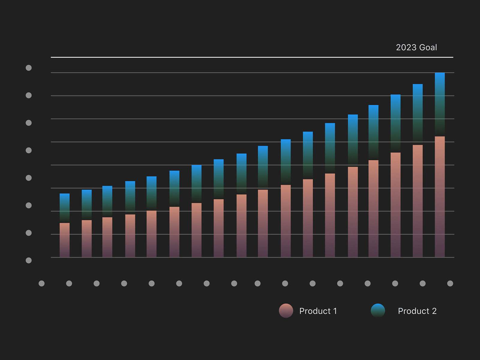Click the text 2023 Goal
coord(416,47)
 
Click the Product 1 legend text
coord(318,311)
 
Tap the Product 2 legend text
coord(417,311)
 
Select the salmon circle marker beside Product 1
coord(286,311)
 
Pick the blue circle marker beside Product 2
coord(378,311)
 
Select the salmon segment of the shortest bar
coord(64,240)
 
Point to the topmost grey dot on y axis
coord(29,68)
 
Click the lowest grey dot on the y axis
coord(29,260)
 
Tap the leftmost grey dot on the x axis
coord(42,283)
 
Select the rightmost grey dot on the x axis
coord(450,283)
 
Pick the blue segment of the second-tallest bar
coord(418,114)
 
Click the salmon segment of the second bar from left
coord(87,238)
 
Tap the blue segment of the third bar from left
coord(107,201)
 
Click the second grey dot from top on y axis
coord(29,95)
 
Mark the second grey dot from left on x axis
coord(69,283)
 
